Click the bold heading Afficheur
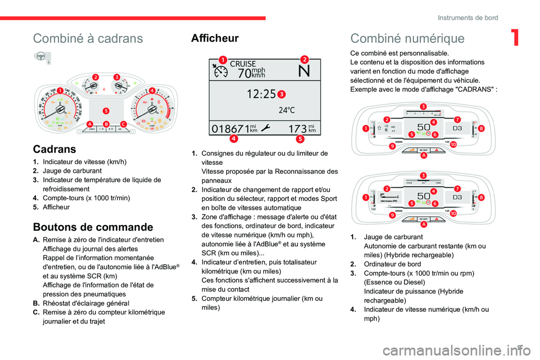[x=215, y=38]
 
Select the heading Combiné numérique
[x=407, y=38]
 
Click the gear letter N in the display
[x=304, y=71]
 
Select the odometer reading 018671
[x=229, y=128]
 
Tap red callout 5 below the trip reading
[x=300, y=138]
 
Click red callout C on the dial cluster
[x=123, y=124]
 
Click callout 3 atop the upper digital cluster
[x=422, y=106]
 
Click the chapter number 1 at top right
[x=515, y=38]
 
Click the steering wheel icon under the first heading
[x=42, y=57]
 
